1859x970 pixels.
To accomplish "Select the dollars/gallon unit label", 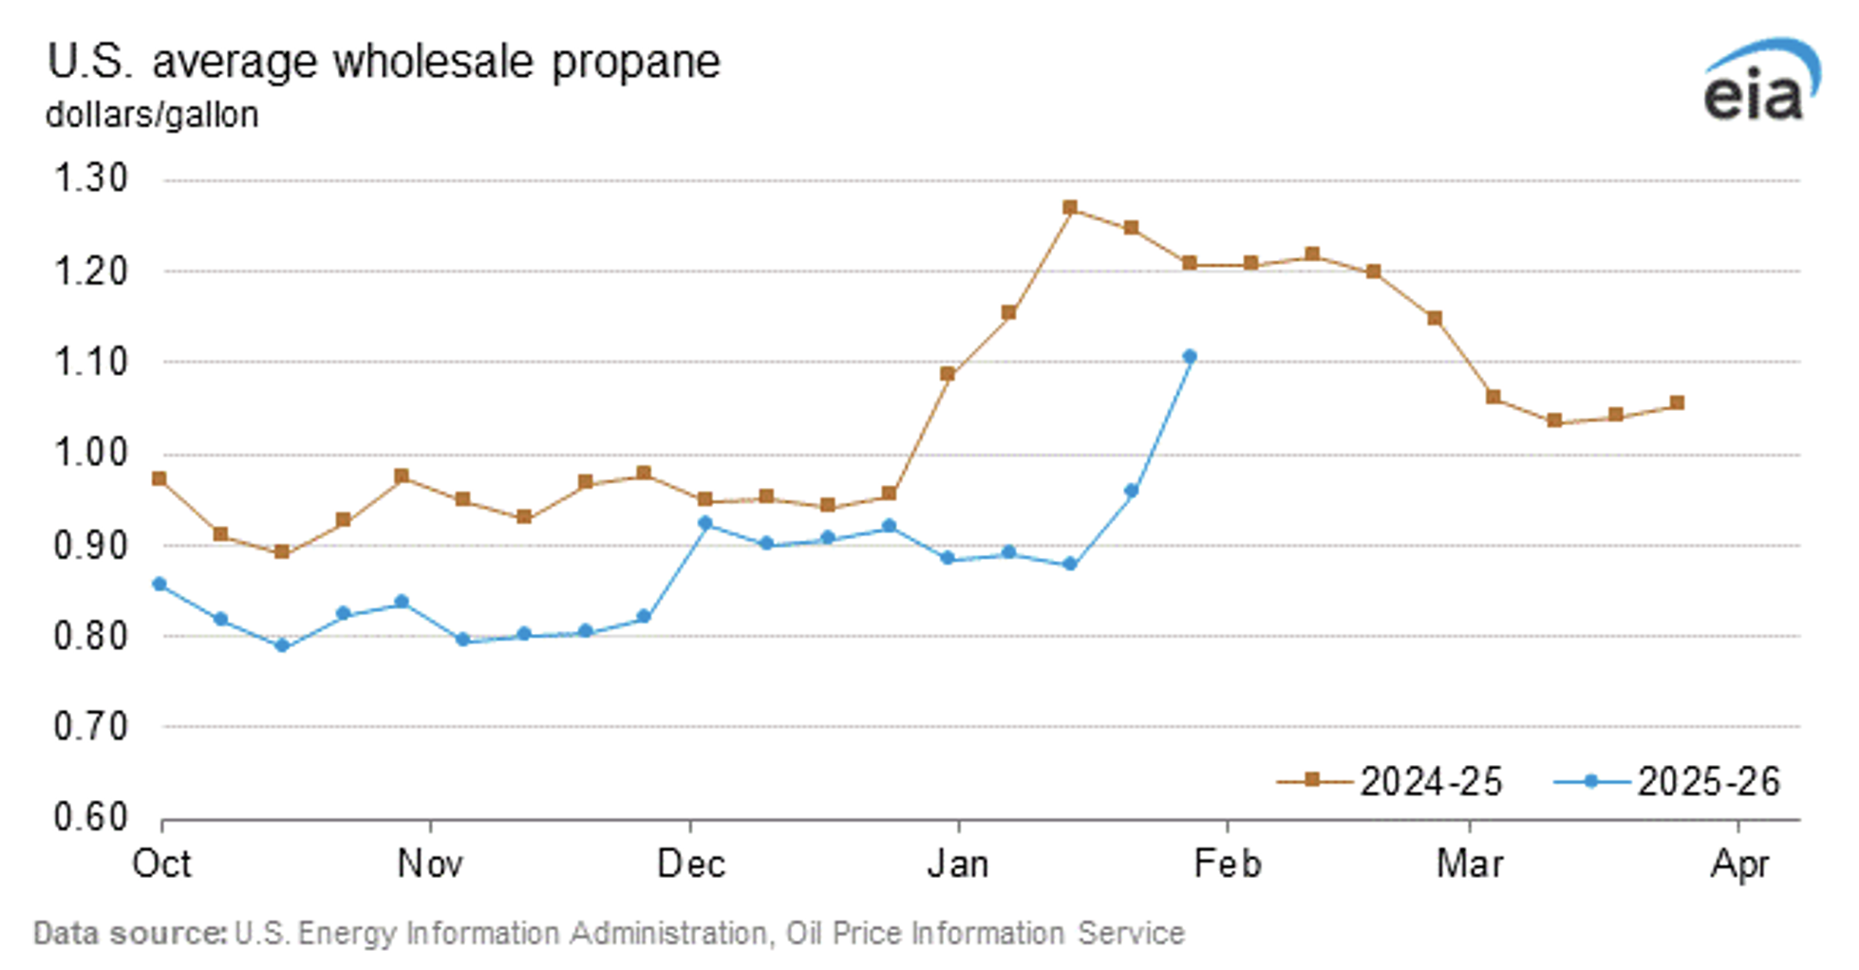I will coord(152,115).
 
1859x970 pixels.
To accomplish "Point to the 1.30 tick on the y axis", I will coord(90,179).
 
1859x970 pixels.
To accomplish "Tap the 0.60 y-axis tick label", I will coord(90,817).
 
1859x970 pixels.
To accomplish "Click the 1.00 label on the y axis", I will coord(90,453).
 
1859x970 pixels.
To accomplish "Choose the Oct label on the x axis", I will coord(161,865).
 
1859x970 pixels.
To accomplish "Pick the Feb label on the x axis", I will coord(1227,865).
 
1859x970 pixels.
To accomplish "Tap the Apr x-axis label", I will coord(1739,865).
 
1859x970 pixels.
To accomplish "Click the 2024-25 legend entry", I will coord(1391,781).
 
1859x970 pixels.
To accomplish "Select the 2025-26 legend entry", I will coord(1668,781).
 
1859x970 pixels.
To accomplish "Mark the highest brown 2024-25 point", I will coord(1070,208).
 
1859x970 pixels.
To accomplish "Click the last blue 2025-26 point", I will coord(1190,357).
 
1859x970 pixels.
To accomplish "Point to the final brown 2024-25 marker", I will coord(1677,403).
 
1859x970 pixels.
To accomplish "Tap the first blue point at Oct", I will coord(160,585).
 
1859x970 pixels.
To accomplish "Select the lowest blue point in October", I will coord(281,645).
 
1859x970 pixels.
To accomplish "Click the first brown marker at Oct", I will coord(160,479).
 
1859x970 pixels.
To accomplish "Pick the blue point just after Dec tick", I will coord(704,523).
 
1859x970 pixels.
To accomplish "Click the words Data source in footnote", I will coord(129,934).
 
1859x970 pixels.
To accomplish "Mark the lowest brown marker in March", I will coord(1554,420).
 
